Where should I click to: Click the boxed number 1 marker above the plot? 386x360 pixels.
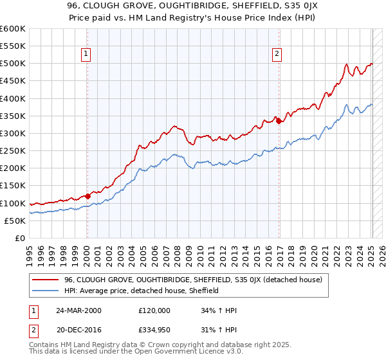click(86, 54)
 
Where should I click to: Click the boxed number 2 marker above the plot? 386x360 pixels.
click(277, 54)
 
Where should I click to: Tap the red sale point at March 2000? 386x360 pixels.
click(88, 196)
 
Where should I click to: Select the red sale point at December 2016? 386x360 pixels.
click(279, 121)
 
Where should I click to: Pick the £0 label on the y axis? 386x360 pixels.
click(20, 239)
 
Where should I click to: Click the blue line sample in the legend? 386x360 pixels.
click(46, 291)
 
